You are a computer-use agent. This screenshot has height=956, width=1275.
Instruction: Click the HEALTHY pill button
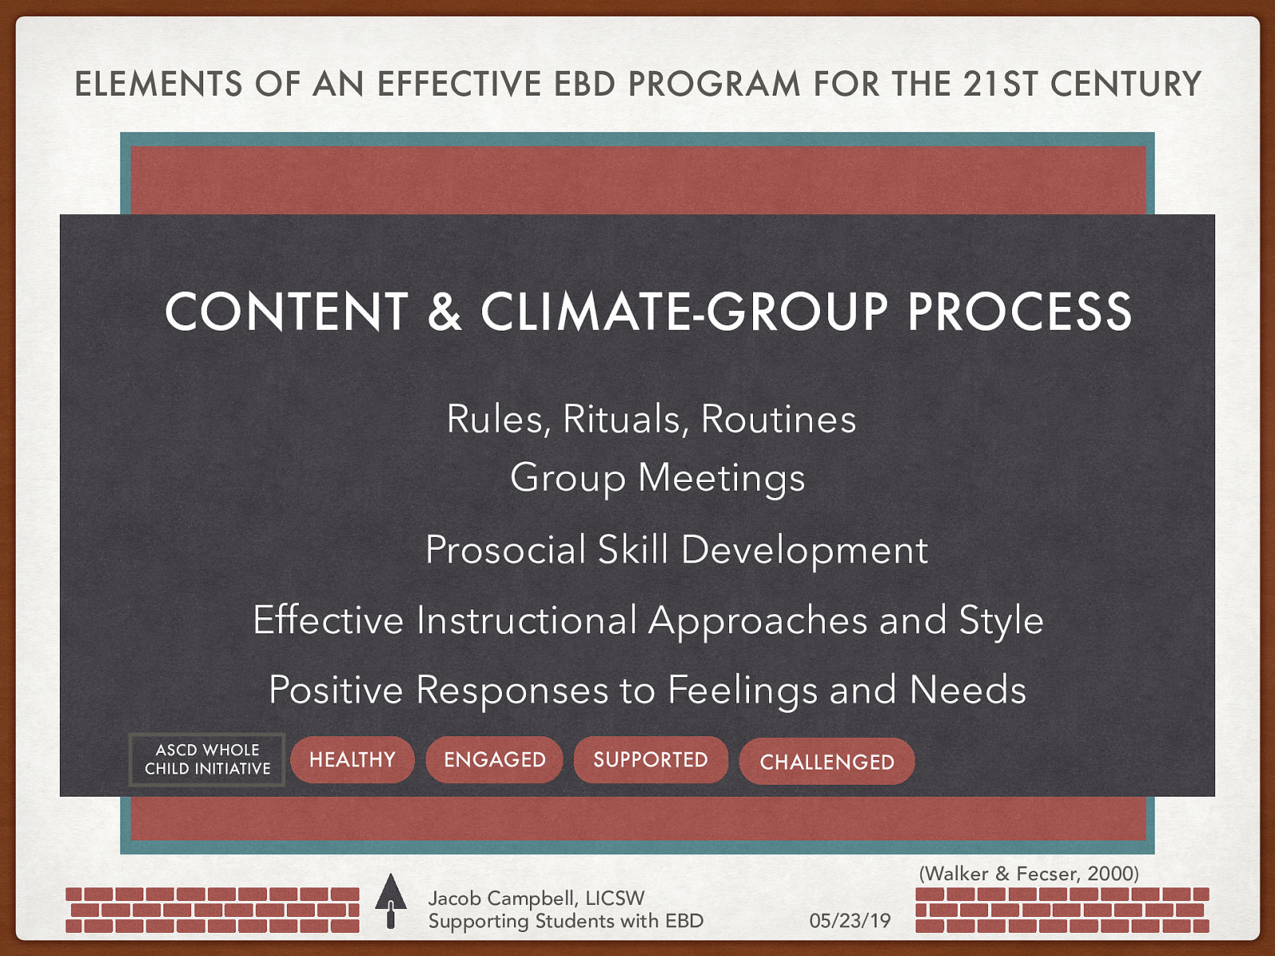pos(352,760)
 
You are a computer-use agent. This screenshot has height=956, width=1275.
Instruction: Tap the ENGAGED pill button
pos(495,760)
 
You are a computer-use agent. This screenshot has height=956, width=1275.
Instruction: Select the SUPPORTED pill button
pos(650,760)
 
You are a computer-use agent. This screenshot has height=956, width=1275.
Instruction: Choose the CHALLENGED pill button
pos(826,762)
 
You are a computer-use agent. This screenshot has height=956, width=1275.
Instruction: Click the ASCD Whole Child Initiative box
pos(207,760)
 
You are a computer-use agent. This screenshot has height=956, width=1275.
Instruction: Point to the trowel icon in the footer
pos(390,901)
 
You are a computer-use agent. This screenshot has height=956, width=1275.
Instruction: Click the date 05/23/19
pos(849,921)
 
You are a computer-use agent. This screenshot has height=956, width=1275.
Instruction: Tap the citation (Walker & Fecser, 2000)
pos(1029,873)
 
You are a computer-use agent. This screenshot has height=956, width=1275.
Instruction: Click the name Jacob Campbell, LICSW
pos(536,898)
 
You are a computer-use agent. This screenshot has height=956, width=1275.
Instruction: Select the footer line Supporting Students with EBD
pos(566,921)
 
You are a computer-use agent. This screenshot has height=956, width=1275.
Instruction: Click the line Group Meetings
pos(657,478)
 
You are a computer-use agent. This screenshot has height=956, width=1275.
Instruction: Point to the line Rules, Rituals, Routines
pos(651,419)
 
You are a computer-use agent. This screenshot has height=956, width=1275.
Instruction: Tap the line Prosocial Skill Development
pos(677,550)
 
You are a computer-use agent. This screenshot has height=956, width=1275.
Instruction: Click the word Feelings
pos(743,690)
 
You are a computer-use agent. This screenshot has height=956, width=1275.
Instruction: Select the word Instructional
pos(526,620)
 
